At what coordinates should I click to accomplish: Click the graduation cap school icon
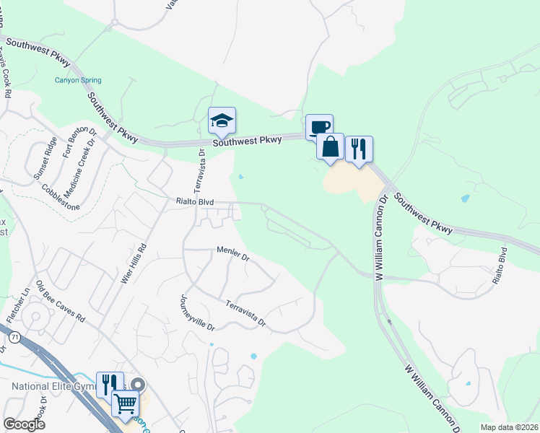pyautogui.click(x=222, y=121)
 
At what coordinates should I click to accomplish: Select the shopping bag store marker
pyautogui.click(x=330, y=146)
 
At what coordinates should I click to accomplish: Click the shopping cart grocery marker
pyautogui.click(x=125, y=403)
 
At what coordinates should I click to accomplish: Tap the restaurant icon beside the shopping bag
pyautogui.click(x=359, y=149)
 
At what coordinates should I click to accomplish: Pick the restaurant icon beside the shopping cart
pyautogui.click(x=110, y=384)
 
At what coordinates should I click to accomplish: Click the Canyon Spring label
pyautogui.click(x=78, y=80)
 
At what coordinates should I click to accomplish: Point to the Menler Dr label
pyautogui.click(x=232, y=253)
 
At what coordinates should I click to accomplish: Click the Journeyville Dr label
pyautogui.click(x=196, y=312)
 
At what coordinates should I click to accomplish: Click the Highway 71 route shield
pyautogui.click(x=14, y=336)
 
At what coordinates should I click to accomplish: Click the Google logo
pyautogui.click(x=24, y=424)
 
